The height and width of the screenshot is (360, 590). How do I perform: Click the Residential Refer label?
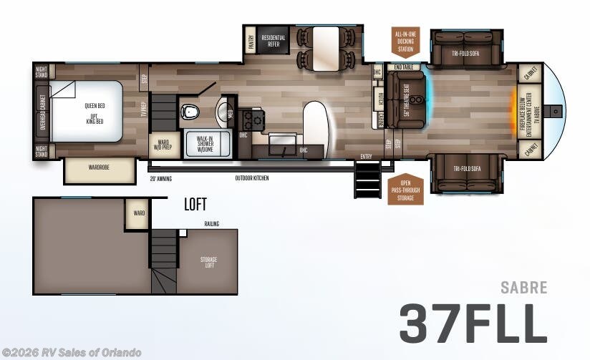coord(274,41)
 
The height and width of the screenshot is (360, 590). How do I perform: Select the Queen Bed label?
coord(95,106)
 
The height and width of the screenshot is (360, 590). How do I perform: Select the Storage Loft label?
coord(208,262)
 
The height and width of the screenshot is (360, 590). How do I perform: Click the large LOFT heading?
coord(195,205)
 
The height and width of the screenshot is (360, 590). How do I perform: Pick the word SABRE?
coord(523,288)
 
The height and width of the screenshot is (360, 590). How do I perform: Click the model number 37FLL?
coord(473,323)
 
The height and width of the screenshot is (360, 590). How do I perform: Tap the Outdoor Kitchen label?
coord(253,177)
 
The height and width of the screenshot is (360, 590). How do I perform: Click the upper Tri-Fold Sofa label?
coord(466,54)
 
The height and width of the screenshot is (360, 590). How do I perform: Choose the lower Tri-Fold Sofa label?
coord(466,169)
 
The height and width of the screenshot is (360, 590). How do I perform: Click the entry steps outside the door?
coord(367,179)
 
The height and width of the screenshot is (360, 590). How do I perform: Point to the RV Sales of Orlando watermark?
coord(72,352)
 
